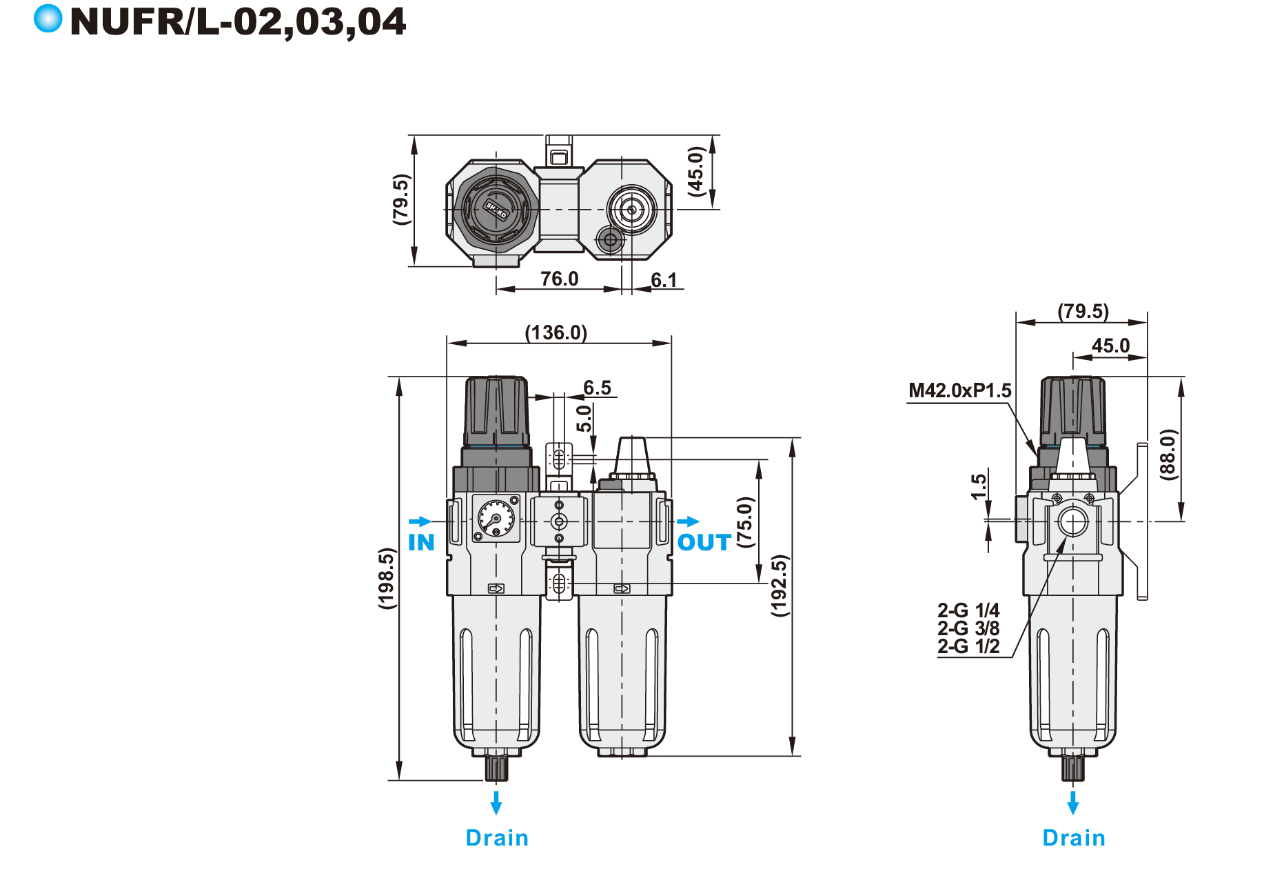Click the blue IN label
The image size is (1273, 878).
point(421,542)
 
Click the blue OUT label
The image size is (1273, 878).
point(704,542)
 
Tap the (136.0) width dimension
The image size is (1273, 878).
point(556,332)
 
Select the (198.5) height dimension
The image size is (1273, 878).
point(387,578)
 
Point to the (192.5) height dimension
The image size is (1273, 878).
point(779,585)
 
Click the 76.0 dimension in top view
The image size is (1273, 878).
point(559,279)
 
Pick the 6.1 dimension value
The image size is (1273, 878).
point(664,280)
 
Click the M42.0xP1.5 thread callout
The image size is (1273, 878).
point(959,390)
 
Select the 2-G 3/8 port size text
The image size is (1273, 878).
point(968,628)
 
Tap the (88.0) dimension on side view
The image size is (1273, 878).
point(1168,454)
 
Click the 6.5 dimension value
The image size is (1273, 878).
point(597,388)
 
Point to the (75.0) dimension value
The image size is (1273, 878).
point(745,521)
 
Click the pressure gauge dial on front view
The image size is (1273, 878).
point(496,518)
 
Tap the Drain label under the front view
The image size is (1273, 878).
point(497,837)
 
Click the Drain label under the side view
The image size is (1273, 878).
point(1073,837)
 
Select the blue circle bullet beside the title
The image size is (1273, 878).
point(48,19)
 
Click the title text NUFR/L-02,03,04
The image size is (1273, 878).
point(238,22)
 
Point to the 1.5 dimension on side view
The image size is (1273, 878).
point(979,486)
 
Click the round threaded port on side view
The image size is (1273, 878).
point(1073,522)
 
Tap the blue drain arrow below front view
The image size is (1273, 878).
point(496,803)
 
